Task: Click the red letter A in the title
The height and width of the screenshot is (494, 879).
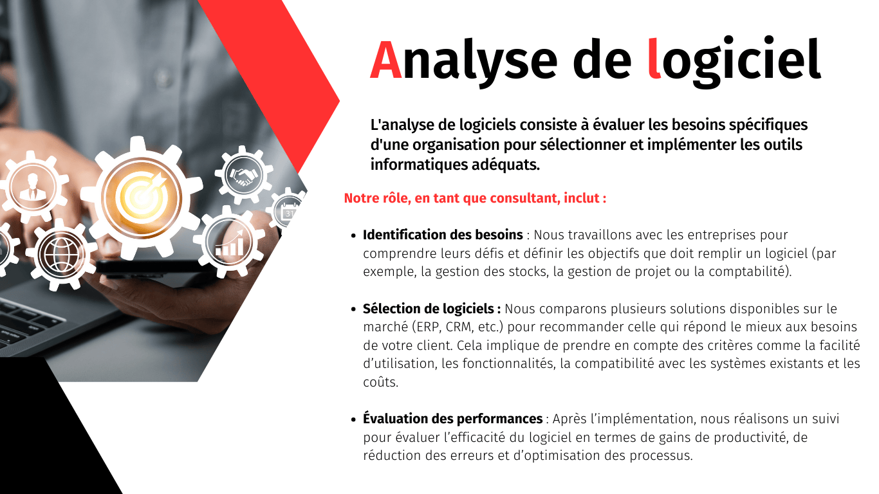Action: click(385, 60)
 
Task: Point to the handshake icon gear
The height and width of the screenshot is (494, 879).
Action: click(244, 175)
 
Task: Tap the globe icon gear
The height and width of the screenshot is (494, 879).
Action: click(62, 254)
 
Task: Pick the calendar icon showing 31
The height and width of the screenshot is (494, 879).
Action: click(289, 212)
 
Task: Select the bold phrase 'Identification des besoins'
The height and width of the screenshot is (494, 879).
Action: click(443, 235)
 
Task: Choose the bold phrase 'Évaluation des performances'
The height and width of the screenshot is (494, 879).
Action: click(453, 419)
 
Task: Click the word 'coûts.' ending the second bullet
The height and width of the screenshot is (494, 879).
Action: click(381, 382)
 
